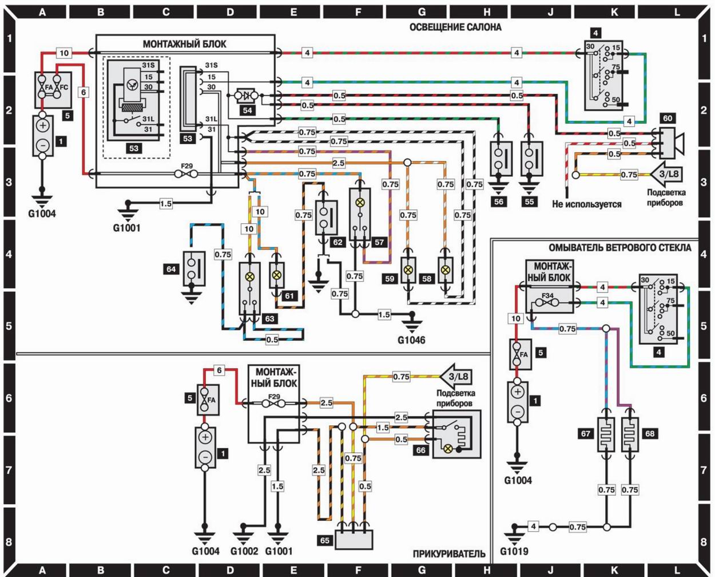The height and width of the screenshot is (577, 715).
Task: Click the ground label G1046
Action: [x=411, y=340]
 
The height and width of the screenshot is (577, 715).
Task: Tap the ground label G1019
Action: [x=515, y=552]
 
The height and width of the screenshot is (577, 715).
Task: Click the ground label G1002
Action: [x=245, y=551]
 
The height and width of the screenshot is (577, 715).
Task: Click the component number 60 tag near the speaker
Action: [x=668, y=118]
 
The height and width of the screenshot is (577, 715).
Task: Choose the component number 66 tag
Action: [x=420, y=450]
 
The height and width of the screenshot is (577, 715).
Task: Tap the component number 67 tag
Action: [x=586, y=433]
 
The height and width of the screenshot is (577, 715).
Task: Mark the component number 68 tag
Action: [x=650, y=433]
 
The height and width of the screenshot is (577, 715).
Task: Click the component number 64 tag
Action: [x=170, y=268]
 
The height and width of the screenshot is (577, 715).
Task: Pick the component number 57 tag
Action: [x=379, y=242]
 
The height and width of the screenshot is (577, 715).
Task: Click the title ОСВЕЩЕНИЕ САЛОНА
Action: [x=455, y=27]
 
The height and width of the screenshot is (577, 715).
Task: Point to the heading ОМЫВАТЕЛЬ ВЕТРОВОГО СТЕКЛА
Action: [x=620, y=248]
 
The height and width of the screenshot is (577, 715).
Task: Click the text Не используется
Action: [x=586, y=204]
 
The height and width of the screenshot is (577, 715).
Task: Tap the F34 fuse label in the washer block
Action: [x=548, y=296]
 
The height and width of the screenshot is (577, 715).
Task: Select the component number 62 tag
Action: [x=337, y=242]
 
